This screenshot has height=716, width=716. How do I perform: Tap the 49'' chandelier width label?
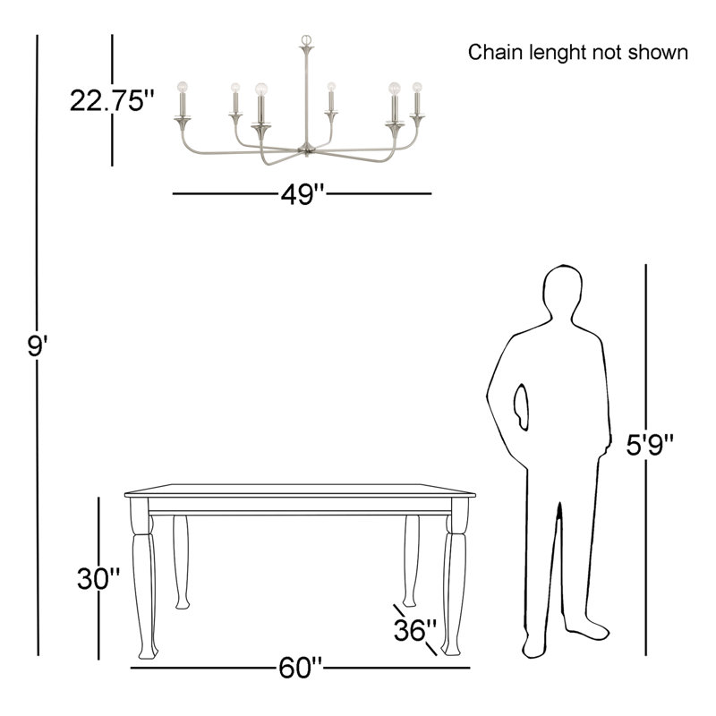(x=300, y=194)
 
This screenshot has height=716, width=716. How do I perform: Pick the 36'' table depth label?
(x=415, y=630)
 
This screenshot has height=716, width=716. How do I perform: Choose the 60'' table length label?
(x=300, y=668)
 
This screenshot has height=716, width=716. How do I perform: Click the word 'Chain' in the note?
(x=493, y=53)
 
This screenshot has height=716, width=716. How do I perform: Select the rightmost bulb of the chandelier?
(x=416, y=88)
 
